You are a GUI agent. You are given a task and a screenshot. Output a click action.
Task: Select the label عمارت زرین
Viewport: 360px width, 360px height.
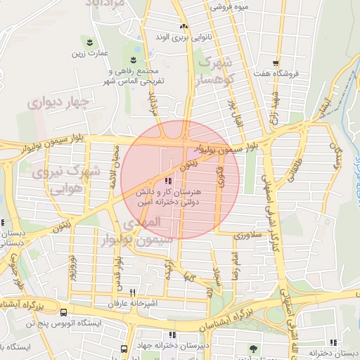point(88,53)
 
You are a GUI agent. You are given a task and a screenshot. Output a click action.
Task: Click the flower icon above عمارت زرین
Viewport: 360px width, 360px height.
point(88,41)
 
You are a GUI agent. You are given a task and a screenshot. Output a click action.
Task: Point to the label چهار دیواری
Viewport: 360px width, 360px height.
point(60,103)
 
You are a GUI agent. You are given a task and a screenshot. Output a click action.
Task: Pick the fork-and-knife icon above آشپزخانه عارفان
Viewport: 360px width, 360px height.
point(132,293)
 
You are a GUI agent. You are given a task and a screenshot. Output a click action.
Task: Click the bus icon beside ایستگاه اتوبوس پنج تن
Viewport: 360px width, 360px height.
point(64,311)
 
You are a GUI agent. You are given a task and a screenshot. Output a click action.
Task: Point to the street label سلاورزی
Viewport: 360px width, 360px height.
point(247,233)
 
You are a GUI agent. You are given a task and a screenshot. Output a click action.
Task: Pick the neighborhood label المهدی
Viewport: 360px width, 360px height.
point(143,222)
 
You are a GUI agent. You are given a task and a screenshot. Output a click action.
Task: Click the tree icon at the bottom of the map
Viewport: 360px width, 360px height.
point(253,348)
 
